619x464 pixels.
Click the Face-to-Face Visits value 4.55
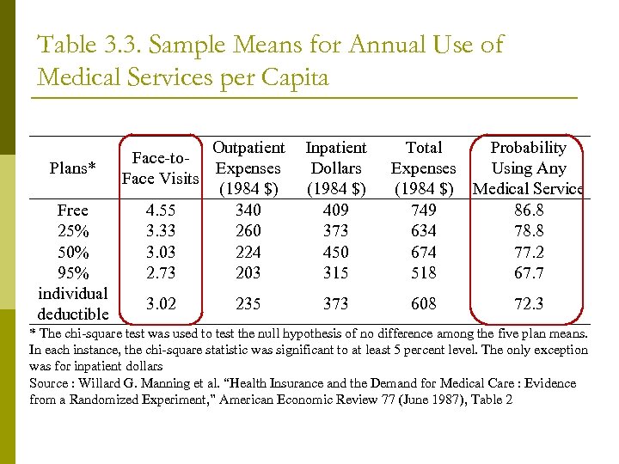tap(162, 210)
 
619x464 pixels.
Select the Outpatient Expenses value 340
tap(248, 210)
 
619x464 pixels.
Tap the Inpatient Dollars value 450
tap(336, 252)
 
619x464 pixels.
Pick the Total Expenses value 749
tap(424, 210)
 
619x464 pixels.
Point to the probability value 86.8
tap(528, 210)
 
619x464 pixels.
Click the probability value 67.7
tap(528, 272)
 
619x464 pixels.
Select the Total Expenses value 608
tap(424, 303)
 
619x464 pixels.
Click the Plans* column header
tap(73, 168)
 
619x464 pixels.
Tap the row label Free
tap(73, 210)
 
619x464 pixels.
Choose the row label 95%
tap(73, 272)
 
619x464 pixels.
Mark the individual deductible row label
tap(73, 303)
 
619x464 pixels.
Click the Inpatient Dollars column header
tap(336, 168)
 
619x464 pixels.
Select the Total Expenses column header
tap(424, 168)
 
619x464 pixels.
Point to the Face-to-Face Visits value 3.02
tap(162, 303)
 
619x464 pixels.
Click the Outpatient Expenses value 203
tap(248, 272)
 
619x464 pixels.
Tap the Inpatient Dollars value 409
tap(336, 210)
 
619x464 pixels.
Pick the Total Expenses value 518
tap(424, 272)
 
